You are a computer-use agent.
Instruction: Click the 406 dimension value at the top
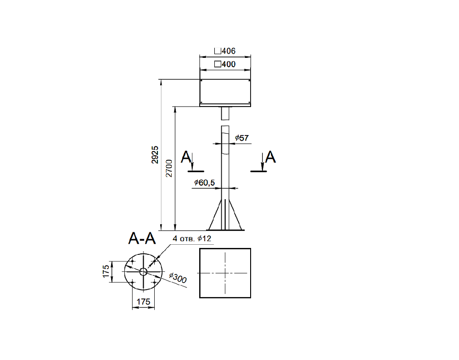[229, 51]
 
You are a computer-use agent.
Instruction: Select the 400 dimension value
[229, 64]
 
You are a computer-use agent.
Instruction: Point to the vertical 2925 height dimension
[155, 155]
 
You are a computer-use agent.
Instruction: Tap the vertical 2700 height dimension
[169, 168]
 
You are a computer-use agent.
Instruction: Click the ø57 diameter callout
[242, 138]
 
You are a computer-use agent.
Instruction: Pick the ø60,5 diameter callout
[204, 183]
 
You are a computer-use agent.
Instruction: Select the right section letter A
[270, 157]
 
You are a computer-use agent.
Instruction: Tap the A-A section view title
[142, 238]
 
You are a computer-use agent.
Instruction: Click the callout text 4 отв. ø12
[192, 238]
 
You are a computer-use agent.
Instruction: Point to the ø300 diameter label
[178, 278]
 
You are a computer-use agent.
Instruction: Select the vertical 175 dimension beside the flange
[106, 271]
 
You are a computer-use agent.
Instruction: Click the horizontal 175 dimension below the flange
[143, 302]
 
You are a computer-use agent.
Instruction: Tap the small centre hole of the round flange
[143, 272]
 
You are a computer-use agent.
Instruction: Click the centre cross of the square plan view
[225, 273]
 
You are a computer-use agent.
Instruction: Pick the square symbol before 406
[218, 51]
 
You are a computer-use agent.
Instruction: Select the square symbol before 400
[218, 64]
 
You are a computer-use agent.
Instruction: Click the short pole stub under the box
[225, 113]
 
